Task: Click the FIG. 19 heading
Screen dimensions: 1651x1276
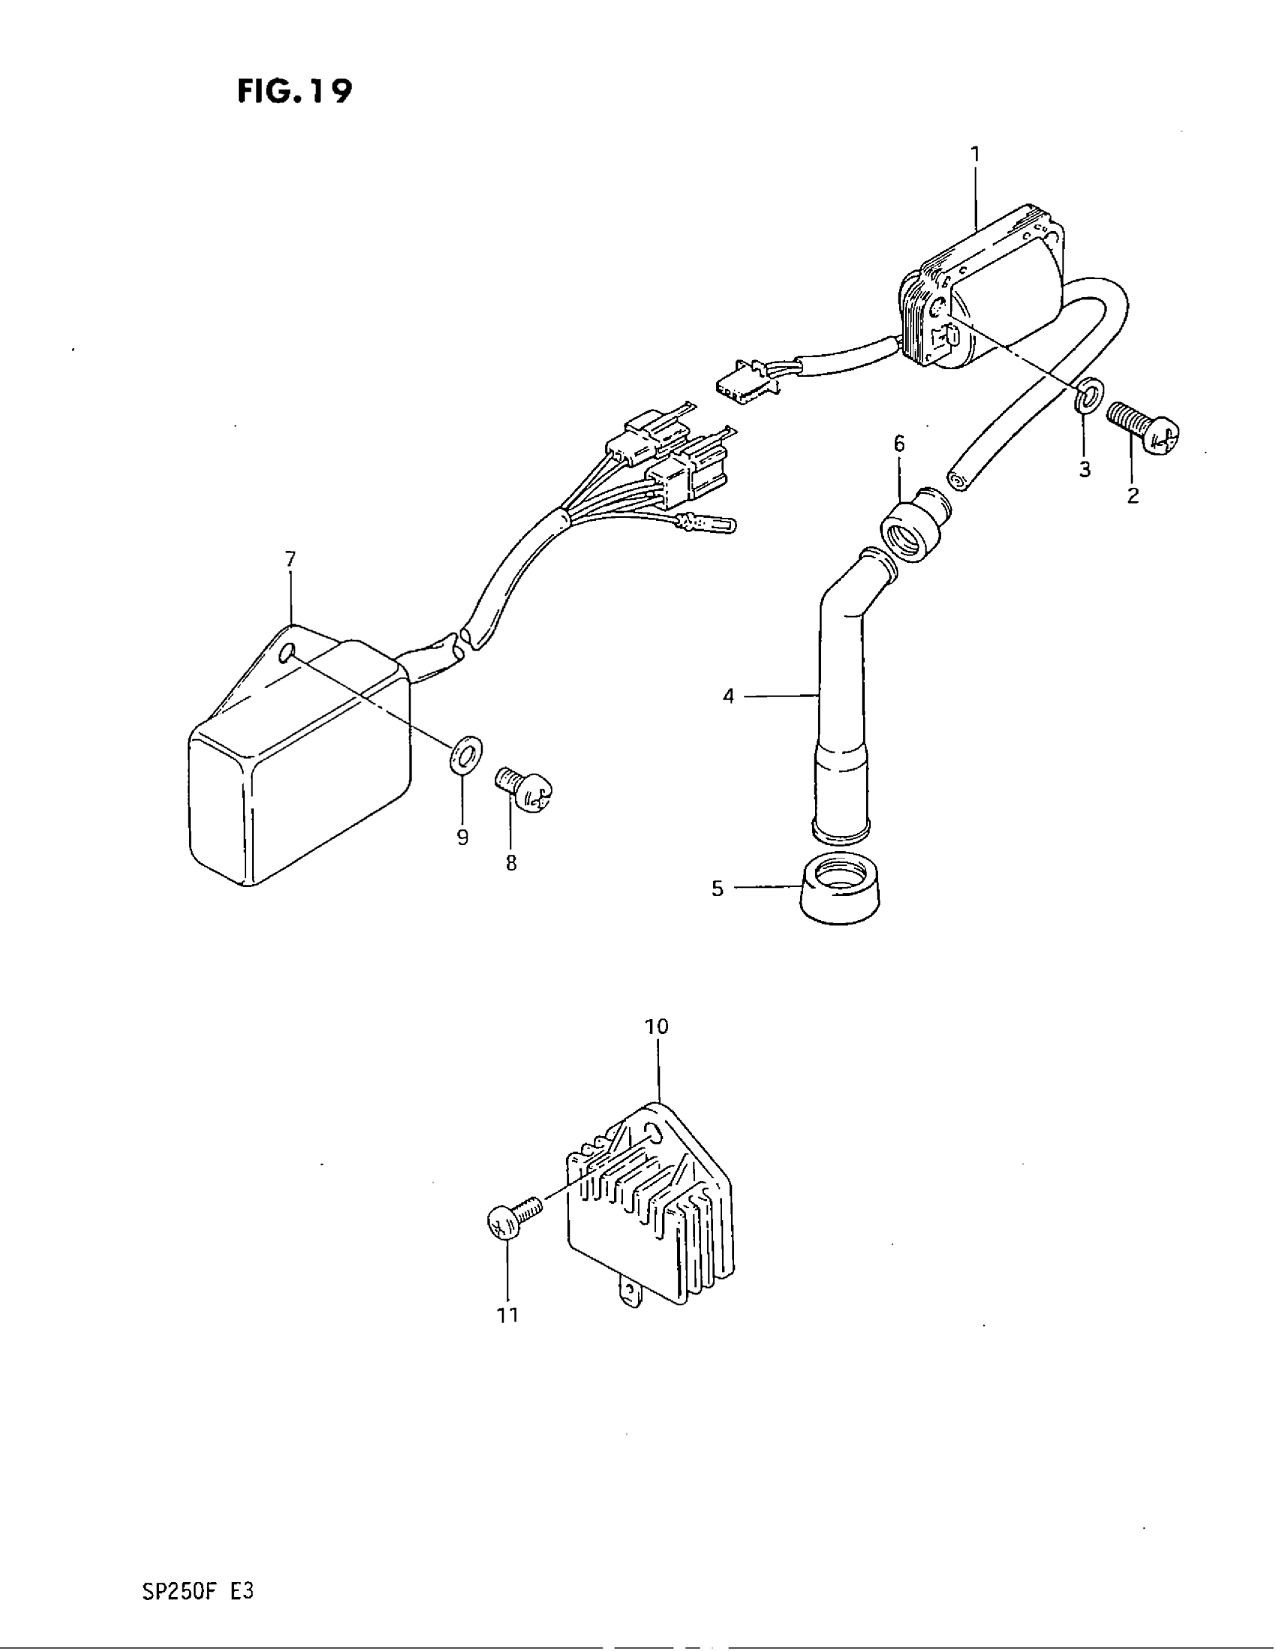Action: (x=294, y=92)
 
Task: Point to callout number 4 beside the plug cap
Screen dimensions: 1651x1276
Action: (x=728, y=696)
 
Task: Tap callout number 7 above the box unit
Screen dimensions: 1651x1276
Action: (x=290, y=559)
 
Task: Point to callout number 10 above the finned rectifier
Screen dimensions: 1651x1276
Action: (x=657, y=1027)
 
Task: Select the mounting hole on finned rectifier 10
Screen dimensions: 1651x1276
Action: (x=654, y=1150)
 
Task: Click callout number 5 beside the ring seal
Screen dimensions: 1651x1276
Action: (x=718, y=889)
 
